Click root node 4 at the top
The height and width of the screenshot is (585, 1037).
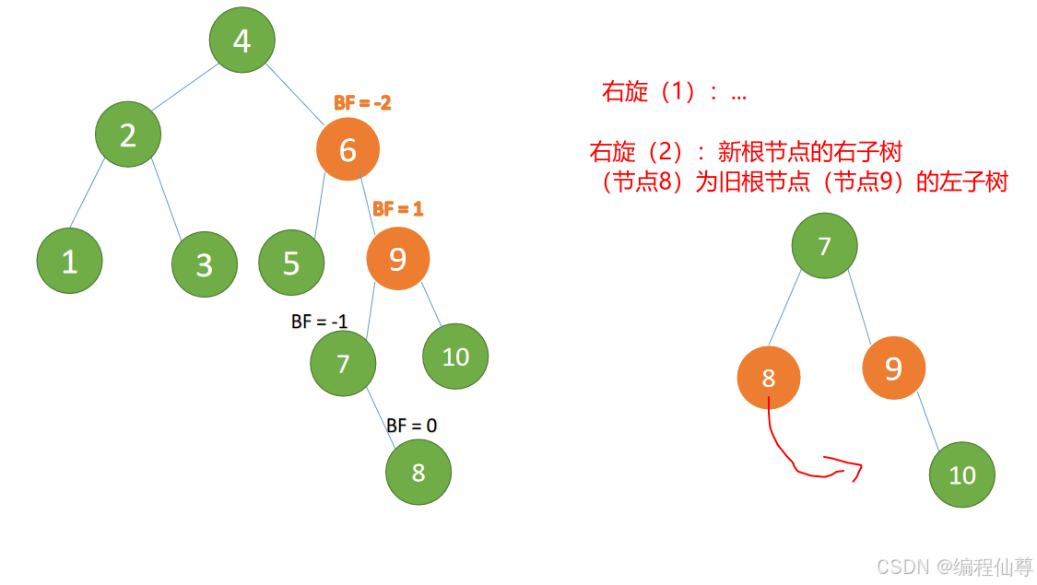(x=242, y=41)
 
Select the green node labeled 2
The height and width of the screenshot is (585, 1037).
(x=128, y=135)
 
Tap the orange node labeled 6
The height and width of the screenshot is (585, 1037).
(x=348, y=149)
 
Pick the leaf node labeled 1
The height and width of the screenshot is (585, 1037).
(x=69, y=262)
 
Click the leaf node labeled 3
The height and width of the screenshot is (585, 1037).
(x=204, y=264)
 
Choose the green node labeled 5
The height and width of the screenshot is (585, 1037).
(x=291, y=263)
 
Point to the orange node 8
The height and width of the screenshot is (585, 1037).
(x=769, y=378)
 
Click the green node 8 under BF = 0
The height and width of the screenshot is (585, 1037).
(x=418, y=473)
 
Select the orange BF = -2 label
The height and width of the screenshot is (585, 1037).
(x=362, y=103)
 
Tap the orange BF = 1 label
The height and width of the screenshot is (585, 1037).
(x=397, y=209)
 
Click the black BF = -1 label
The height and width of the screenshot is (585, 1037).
(x=319, y=322)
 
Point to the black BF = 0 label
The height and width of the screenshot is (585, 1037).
(x=411, y=426)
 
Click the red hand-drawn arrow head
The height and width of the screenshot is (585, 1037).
(x=855, y=470)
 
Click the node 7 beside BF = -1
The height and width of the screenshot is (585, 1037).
(x=343, y=364)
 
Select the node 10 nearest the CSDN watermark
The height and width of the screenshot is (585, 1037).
(x=961, y=474)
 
